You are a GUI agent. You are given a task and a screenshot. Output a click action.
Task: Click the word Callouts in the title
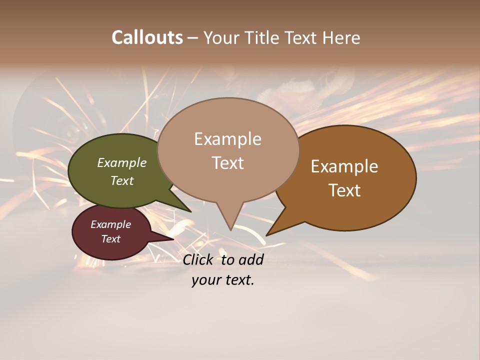click(147, 37)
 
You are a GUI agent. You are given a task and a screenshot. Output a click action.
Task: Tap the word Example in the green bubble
click(122, 163)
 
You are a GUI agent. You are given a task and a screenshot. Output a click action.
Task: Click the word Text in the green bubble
click(122, 180)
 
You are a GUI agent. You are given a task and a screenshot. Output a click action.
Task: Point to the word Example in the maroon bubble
click(111, 224)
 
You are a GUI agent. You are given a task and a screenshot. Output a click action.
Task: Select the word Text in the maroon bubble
click(111, 239)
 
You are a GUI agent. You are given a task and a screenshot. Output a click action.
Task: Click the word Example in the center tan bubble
click(227, 139)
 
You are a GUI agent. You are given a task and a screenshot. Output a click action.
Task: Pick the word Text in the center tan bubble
click(227, 163)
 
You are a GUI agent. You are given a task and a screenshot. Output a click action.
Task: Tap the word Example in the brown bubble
click(344, 166)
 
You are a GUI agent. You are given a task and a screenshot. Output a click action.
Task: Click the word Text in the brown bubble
click(344, 190)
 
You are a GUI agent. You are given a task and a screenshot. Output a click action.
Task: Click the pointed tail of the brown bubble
click(268, 234)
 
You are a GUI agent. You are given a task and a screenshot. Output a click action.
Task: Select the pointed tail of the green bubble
click(189, 210)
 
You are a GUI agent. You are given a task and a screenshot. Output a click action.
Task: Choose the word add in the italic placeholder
click(251, 259)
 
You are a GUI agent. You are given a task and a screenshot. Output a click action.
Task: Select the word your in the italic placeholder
click(205, 280)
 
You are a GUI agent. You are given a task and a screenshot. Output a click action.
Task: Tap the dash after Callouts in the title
click(193, 38)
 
